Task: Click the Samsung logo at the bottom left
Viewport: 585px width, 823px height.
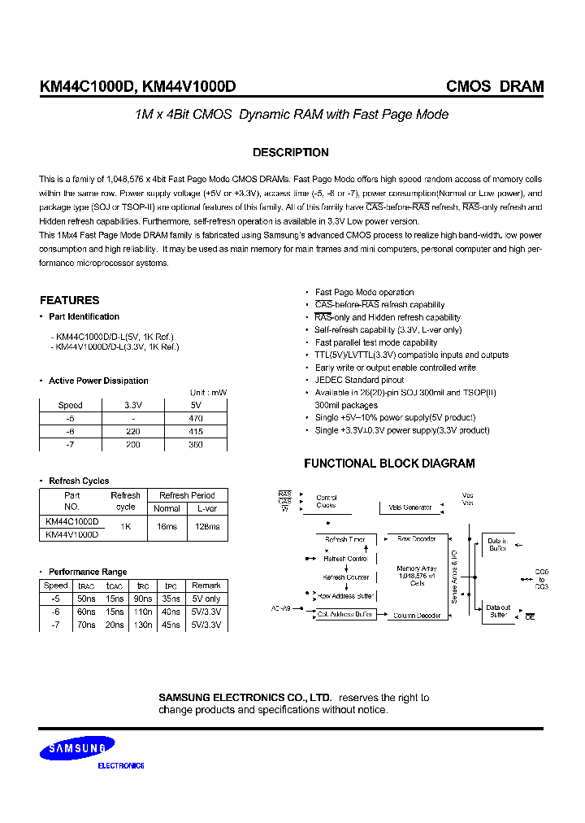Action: tap(80, 747)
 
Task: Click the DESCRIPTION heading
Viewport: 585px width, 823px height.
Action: tap(291, 152)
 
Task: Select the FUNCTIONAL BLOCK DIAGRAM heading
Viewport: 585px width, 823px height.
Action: tap(389, 464)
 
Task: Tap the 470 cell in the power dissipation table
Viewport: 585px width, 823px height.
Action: tap(194, 418)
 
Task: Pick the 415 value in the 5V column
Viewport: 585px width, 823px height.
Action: tap(194, 431)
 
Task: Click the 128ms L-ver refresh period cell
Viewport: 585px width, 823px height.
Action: tap(207, 527)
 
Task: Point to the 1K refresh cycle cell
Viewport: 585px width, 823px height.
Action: tap(125, 527)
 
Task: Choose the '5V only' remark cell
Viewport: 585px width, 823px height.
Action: tap(206, 599)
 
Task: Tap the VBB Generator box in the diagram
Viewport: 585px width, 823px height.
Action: tap(409, 507)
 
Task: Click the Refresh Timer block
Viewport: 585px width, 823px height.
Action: tap(345, 539)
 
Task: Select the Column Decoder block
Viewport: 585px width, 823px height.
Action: tap(417, 616)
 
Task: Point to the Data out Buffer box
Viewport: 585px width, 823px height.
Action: tap(498, 612)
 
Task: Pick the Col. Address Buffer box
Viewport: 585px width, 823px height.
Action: tap(345, 615)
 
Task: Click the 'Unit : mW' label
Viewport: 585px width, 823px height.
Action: tap(208, 393)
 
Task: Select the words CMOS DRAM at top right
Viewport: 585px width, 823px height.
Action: tap(495, 87)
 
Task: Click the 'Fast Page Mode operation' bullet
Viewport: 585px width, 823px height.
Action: tap(364, 292)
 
